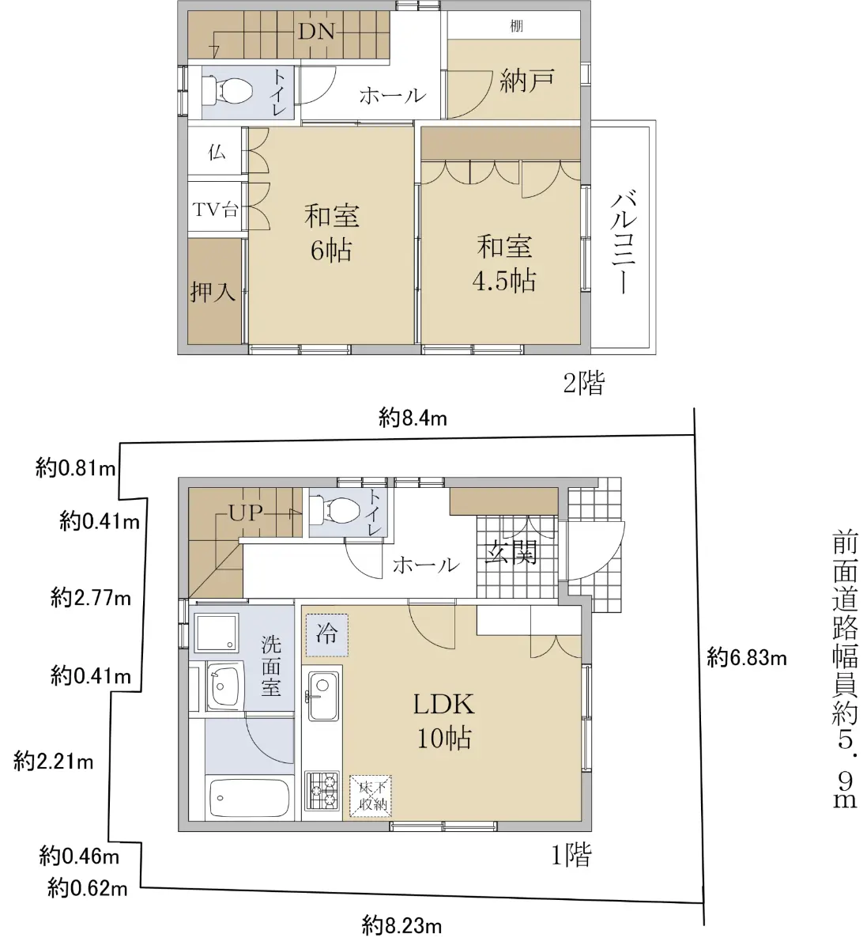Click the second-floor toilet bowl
coord(228,90)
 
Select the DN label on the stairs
coord(316,32)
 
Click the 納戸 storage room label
coord(527,81)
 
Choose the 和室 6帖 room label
coord(332,233)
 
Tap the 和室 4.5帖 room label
coord(504,263)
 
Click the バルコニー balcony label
coord(624,242)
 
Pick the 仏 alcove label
coord(217,153)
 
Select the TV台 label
coord(215,209)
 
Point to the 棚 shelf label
coord(517,25)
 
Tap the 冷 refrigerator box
coord(327,635)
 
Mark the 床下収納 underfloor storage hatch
coord(371,796)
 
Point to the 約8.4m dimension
coord(413,418)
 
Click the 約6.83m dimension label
coord(747,658)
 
